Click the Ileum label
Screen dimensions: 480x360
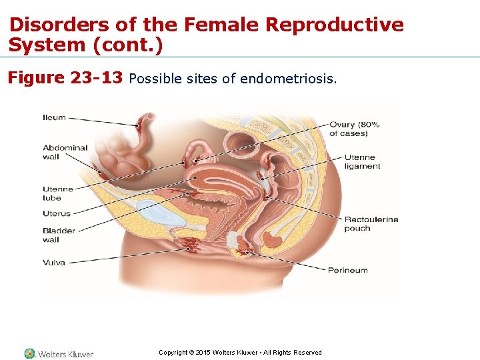pos(55,117)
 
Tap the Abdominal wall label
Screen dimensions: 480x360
pos(65,152)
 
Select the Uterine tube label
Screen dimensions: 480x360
pos(58,193)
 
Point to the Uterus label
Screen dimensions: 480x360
pos(57,213)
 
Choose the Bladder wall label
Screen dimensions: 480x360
pos(59,235)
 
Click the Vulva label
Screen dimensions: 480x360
pos(54,262)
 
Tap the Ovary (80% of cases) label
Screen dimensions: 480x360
pos(354,129)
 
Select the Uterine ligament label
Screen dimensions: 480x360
pos(362,162)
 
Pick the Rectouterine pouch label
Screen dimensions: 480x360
pos(371,223)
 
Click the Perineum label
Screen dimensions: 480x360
pos(348,270)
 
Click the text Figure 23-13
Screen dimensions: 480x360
pos(65,78)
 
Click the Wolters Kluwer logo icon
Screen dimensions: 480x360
pos(29,353)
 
